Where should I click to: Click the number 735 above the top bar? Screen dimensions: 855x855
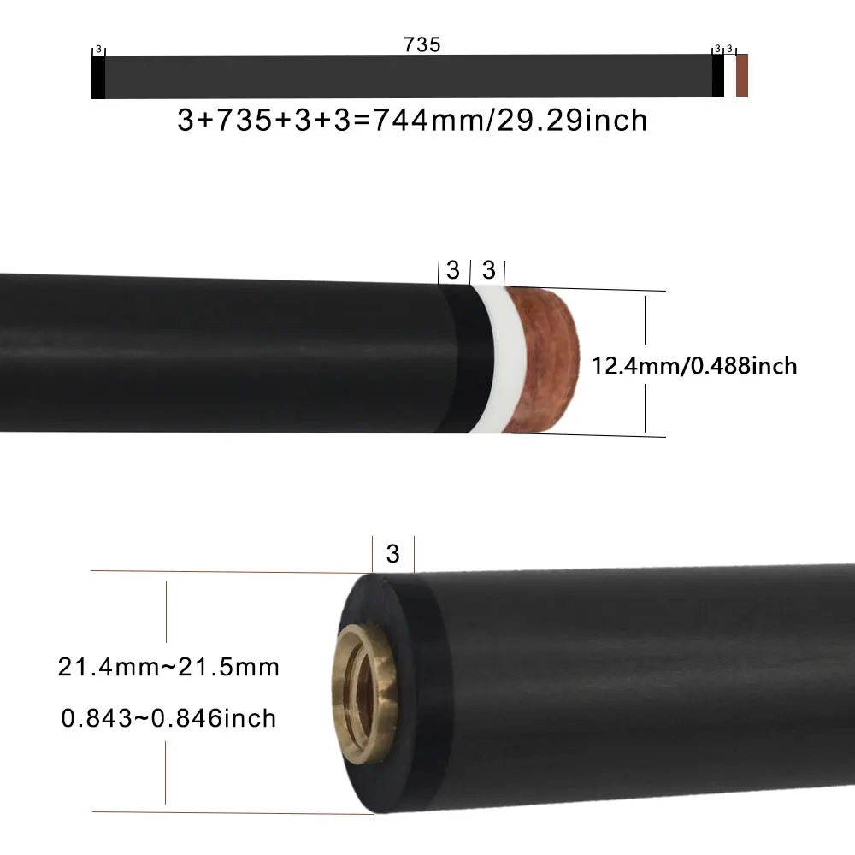(422, 45)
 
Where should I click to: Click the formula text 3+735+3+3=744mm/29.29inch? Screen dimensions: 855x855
(412, 121)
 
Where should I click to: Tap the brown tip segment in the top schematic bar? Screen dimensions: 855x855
(742, 76)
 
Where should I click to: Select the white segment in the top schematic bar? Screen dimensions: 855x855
(730, 76)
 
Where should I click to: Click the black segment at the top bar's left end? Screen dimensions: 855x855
(98, 77)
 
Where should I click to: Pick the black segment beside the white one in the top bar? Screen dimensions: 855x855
(717, 76)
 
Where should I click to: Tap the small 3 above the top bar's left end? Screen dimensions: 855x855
(98, 50)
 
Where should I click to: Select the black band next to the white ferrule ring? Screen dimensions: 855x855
(462, 359)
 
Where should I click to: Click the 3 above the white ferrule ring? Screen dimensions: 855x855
(488, 271)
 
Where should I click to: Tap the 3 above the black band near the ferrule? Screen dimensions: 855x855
(453, 271)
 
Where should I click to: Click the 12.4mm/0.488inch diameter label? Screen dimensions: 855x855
(694, 366)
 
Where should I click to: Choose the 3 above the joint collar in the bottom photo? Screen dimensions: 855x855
(392, 554)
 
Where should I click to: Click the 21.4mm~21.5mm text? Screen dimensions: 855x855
(168, 667)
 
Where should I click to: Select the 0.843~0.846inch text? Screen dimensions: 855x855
(168, 717)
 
